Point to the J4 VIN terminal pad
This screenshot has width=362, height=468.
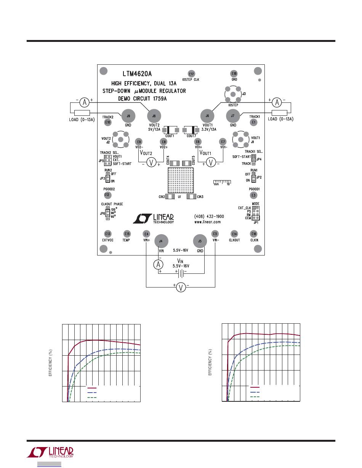161,241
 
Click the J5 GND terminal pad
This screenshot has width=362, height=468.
200,241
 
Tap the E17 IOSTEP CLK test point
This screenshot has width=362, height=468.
191,74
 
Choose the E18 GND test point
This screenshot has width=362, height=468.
234,74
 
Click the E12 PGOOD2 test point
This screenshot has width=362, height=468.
108,195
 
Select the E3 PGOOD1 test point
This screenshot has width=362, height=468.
254,195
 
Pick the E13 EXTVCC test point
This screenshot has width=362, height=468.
108,234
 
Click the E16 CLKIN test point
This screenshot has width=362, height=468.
254,234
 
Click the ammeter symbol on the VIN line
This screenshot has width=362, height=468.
160,264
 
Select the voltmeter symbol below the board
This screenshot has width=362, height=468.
181,288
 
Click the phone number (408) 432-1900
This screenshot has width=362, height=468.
209,216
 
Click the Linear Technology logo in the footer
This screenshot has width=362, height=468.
50,452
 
